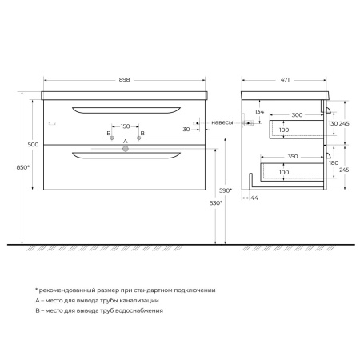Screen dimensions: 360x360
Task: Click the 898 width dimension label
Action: [x=125, y=79]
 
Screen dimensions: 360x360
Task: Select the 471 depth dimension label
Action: [x=284, y=79]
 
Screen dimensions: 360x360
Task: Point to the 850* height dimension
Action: [x=23, y=167]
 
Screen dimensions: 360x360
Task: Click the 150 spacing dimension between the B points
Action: [x=125, y=126]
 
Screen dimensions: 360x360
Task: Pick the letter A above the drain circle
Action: [x=125, y=139]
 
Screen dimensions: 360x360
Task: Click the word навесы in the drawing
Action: [x=222, y=122]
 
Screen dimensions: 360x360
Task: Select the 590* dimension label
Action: [x=226, y=190]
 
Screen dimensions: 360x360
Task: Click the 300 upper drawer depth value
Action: [x=298, y=116]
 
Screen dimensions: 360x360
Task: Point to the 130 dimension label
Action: [x=334, y=125]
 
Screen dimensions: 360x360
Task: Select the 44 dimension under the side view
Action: [x=254, y=198]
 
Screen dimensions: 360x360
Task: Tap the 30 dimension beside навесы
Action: [x=186, y=129]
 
